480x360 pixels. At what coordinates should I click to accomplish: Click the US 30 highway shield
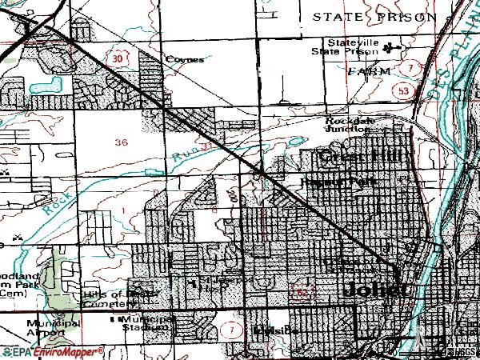click(x=118, y=59)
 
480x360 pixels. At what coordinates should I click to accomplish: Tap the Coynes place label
click(x=185, y=58)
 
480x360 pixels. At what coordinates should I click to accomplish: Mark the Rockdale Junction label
click(x=348, y=125)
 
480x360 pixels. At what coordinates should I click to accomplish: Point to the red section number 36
click(x=122, y=142)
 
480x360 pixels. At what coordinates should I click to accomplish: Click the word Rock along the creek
click(x=54, y=205)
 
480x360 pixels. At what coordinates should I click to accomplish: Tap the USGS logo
click(x=463, y=351)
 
